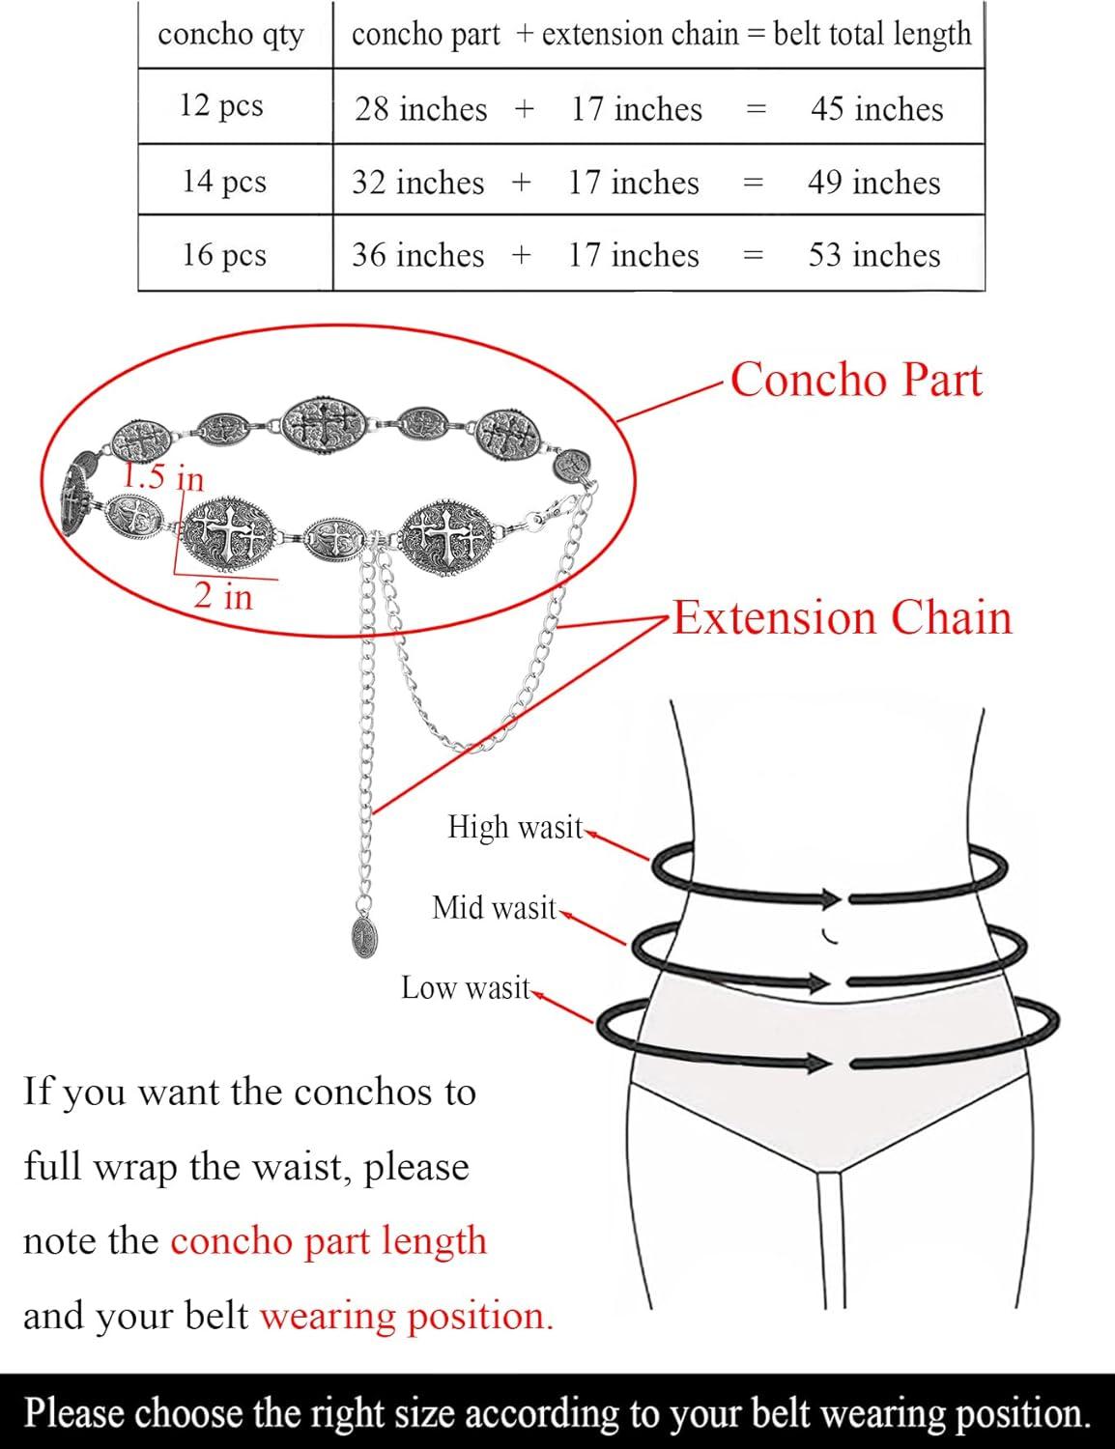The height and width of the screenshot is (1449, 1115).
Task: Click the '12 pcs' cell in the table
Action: [x=221, y=106]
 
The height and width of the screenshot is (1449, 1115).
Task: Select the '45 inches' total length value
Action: [x=877, y=109]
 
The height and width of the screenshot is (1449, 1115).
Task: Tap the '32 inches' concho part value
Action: [x=418, y=183]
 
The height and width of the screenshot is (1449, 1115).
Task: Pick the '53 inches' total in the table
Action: [x=874, y=255]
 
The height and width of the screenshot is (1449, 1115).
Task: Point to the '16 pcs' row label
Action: [x=224, y=255]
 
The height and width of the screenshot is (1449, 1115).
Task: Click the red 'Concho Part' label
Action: [x=856, y=381]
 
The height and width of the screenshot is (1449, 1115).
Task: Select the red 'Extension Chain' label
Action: [x=843, y=617]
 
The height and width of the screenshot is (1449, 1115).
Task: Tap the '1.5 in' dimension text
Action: [x=162, y=477]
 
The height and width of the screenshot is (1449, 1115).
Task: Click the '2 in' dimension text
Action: [x=223, y=595]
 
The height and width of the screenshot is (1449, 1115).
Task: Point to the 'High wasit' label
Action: [x=515, y=828]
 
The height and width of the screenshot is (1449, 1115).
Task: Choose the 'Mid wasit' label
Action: [x=494, y=908]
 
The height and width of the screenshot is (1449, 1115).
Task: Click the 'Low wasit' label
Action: [x=466, y=988]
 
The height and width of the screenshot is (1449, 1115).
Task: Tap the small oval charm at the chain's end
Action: [x=362, y=936]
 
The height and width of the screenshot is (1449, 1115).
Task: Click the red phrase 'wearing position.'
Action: [x=407, y=1316]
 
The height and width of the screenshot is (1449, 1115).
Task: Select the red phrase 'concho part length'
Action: [x=329, y=1241]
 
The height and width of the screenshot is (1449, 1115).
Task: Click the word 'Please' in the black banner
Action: [x=74, y=1411]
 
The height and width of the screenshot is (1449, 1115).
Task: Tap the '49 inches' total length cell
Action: [x=874, y=183]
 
